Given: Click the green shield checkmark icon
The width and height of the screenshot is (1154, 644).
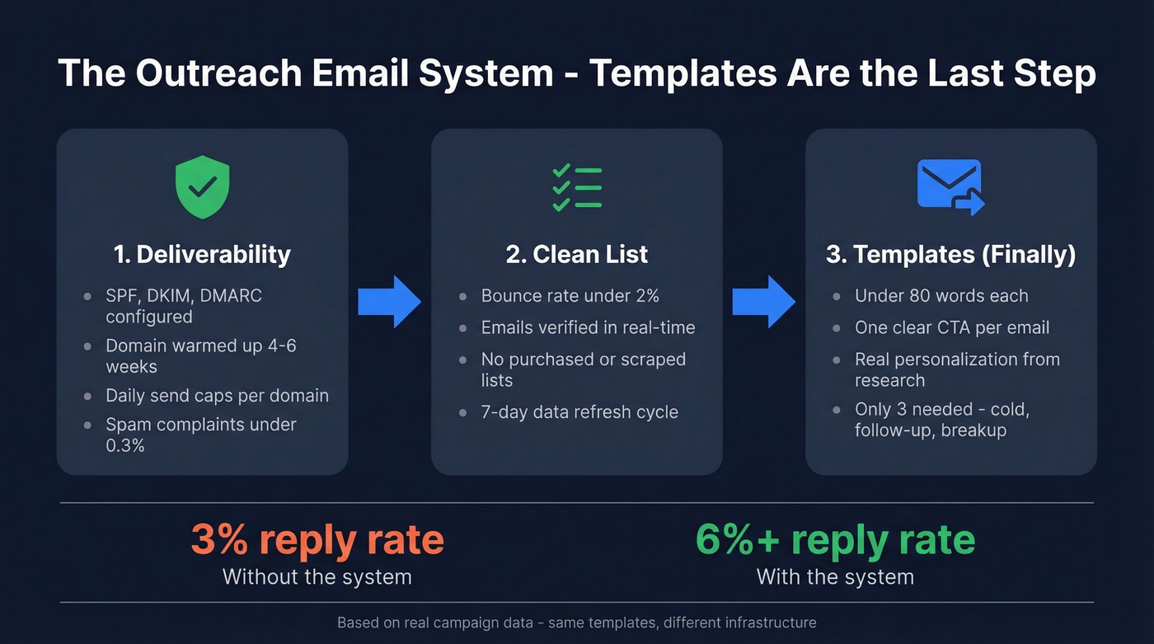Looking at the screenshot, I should tap(202, 188).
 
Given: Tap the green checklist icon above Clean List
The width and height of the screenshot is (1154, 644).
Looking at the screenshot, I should tap(576, 188).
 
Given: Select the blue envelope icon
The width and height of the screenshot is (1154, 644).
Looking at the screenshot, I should tap(950, 186).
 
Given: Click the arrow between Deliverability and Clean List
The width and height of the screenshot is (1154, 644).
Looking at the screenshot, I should tap(389, 303).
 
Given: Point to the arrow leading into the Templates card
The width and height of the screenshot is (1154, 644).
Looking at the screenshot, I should tap(763, 303).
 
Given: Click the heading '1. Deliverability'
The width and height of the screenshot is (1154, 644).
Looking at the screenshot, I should tap(202, 254).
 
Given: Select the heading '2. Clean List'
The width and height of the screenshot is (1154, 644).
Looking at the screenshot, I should tap(577, 254).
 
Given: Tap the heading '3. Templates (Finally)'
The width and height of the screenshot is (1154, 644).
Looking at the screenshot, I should tap(950, 254).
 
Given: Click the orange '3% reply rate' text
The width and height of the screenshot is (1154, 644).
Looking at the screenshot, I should tap(317, 540).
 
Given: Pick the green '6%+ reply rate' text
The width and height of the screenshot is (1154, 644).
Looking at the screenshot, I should tap(835, 540).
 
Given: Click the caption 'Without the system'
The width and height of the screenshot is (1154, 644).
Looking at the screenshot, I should tap(317, 576).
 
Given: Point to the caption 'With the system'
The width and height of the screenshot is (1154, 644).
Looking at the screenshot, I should tap(835, 576).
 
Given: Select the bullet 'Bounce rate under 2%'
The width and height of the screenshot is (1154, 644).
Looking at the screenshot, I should tap(570, 295).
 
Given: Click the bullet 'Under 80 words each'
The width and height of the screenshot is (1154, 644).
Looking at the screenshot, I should tap(941, 295).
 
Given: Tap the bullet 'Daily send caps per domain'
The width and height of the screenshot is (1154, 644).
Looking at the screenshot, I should tap(217, 396).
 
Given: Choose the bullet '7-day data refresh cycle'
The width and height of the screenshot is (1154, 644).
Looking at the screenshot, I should tap(579, 411).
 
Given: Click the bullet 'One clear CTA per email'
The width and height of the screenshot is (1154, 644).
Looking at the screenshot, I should tap(952, 327).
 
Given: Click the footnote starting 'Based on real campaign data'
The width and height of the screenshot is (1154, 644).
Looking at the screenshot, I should tap(576, 623).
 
